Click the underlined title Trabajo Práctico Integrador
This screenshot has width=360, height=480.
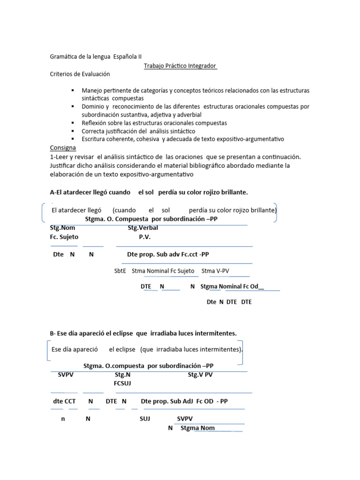180,66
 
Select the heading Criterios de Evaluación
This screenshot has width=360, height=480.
80,74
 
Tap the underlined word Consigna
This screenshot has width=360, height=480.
63,148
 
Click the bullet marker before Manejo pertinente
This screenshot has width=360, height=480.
73,90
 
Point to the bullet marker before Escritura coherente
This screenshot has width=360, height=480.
73,139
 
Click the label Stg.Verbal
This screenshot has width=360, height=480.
143,228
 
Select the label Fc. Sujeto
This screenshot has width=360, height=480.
64,237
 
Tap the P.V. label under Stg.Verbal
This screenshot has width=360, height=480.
144,237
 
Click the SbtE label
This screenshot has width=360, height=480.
120,271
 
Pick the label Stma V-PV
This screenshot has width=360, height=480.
215,271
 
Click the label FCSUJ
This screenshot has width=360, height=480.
122,383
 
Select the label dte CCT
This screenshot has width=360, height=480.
64,401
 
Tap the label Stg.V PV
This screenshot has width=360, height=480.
200,375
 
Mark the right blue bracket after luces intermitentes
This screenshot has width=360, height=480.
242,353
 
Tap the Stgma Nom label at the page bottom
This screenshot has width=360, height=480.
197,427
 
